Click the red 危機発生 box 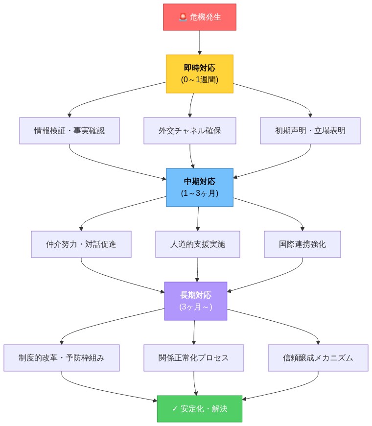(x=200, y=17)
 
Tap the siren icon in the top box (x=183, y=17)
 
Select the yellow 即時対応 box (x=200, y=73)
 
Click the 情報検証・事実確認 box (x=70, y=131)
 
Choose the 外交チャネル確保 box (x=190, y=131)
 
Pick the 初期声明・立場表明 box (x=310, y=131)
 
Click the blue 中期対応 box (x=200, y=187)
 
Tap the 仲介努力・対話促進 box (x=81, y=244)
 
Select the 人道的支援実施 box (x=198, y=244)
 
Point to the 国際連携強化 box (x=302, y=244)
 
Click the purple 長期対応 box (x=196, y=301)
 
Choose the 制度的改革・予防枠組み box (x=62, y=357)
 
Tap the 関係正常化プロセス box (x=194, y=357)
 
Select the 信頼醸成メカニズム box (x=318, y=357)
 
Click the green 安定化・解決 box (x=200, y=409)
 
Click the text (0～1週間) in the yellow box (x=200, y=79)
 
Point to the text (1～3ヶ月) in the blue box (x=200, y=193)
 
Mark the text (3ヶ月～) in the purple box (x=196, y=307)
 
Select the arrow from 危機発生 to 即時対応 (x=200, y=43)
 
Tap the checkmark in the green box (x=175, y=409)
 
